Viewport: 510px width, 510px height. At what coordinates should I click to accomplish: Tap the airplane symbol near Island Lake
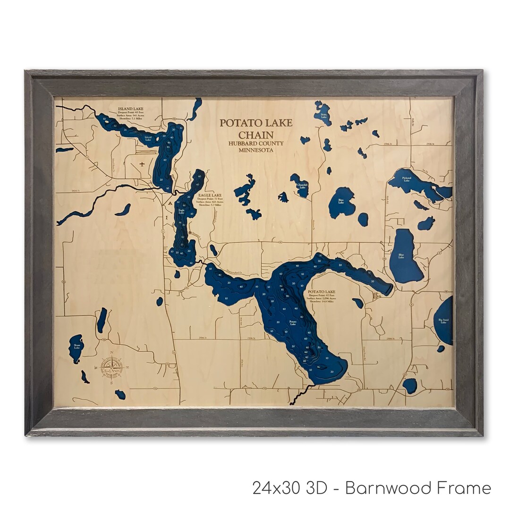click(x=142, y=164)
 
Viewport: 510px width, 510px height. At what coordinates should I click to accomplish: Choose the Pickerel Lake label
click(x=407, y=178)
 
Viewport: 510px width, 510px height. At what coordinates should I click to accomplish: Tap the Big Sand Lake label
click(x=443, y=322)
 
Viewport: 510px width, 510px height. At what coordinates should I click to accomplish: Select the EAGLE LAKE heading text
click(x=210, y=195)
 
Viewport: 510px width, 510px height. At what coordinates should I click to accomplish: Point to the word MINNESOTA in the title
click(x=256, y=150)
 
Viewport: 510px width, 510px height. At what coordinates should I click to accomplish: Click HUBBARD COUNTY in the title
click(x=256, y=143)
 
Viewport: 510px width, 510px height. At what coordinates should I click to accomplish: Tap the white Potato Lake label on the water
click(x=293, y=323)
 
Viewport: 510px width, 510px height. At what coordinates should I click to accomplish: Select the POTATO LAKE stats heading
click(x=322, y=292)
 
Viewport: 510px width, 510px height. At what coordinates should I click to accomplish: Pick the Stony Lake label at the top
click(x=323, y=115)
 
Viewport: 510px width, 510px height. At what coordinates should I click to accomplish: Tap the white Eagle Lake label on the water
click(x=181, y=212)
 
